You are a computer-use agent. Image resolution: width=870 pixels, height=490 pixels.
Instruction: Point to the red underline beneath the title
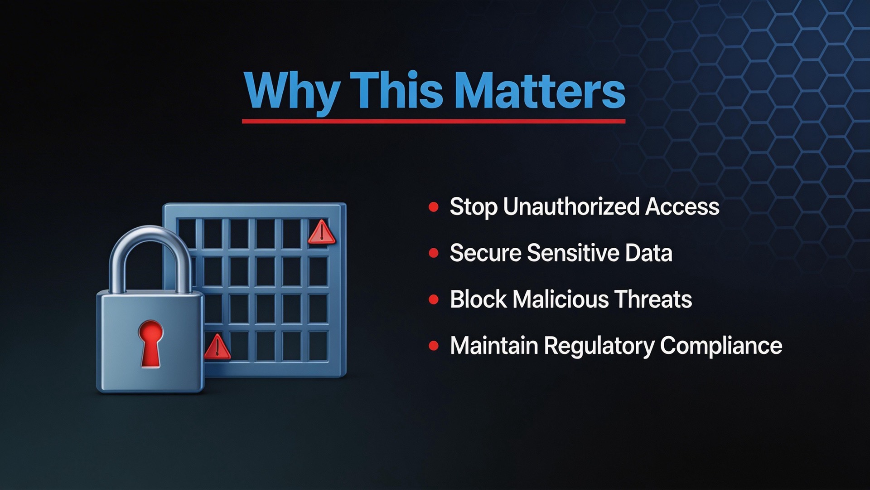434,121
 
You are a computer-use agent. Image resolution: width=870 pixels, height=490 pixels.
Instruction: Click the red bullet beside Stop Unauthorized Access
434,207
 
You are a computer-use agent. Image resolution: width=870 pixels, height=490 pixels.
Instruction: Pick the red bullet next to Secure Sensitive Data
434,253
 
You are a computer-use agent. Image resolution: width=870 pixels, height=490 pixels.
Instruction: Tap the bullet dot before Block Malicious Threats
434,299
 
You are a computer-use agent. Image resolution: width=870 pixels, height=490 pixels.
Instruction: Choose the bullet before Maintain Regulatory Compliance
434,346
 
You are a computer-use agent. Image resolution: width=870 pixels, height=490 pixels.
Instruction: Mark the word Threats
653,299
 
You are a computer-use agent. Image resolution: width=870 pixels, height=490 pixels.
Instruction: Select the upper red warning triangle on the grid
322,232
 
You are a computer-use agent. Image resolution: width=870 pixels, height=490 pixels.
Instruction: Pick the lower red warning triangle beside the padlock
217,347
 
